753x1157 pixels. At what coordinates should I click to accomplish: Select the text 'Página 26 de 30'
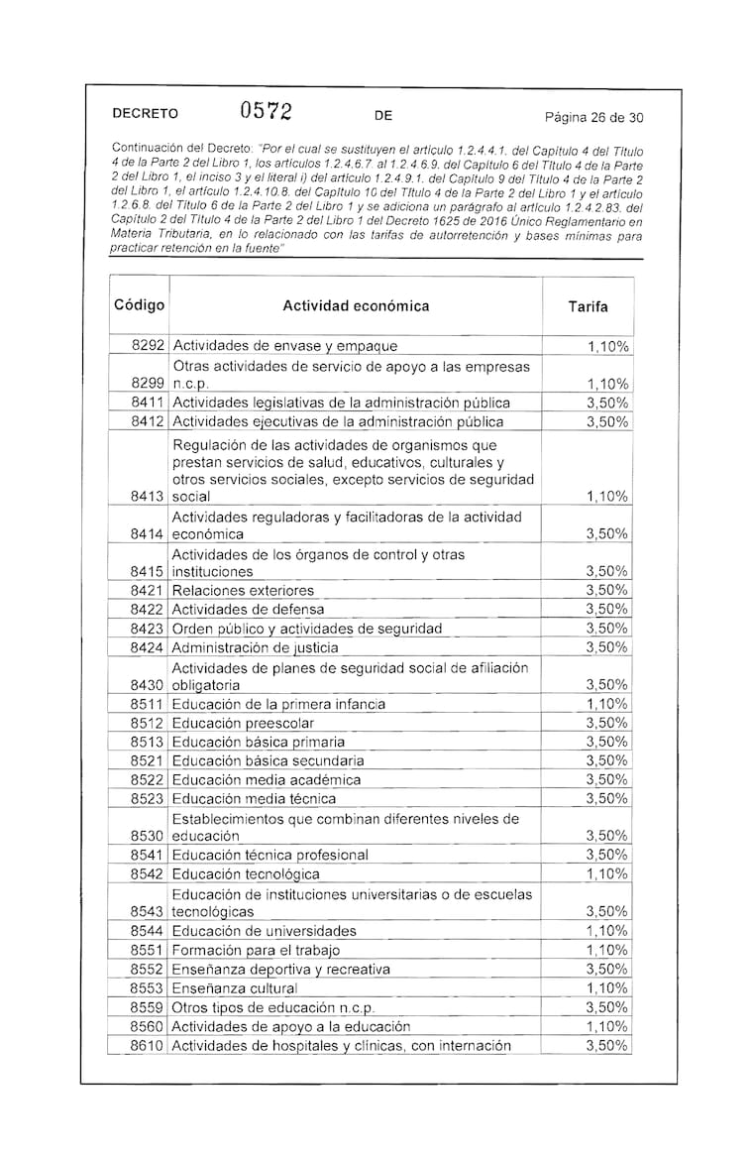coord(594,117)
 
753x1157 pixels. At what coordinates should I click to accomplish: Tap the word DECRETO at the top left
coord(146,116)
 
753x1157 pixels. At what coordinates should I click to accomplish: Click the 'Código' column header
coord(140,305)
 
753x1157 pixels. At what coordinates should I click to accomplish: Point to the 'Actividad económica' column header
coord(356,306)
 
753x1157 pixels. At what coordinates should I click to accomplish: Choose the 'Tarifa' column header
coord(588,307)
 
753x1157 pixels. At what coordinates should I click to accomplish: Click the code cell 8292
coord(149,346)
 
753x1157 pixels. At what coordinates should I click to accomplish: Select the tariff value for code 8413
coord(607,496)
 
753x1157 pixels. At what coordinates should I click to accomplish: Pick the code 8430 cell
coord(149,685)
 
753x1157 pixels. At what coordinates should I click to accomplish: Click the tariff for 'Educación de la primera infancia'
coord(607,704)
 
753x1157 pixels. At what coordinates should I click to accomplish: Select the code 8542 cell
coord(149,874)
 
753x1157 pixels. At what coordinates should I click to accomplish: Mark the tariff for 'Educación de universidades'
coord(607,931)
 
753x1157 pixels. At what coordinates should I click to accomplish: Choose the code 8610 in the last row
coord(149,1046)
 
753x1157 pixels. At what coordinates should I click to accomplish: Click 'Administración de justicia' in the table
coord(255,647)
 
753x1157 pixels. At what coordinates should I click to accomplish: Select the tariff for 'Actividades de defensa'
coord(607,609)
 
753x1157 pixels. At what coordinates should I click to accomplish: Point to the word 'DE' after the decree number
coord(384,116)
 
